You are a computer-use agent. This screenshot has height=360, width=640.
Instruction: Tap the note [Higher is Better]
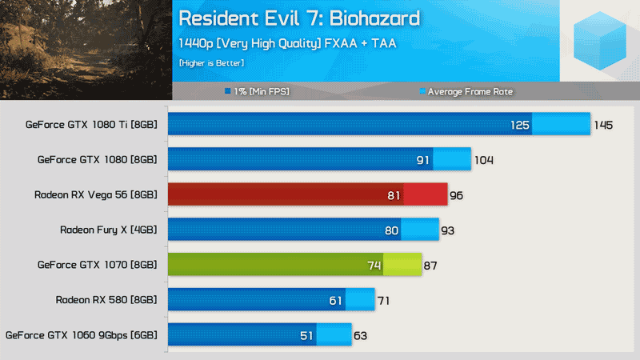point(211,62)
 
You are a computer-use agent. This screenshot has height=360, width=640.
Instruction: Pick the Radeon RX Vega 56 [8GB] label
point(96,194)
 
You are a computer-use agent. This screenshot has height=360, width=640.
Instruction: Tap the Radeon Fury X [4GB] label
point(109,230)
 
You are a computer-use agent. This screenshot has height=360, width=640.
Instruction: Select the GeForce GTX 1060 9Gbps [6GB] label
point(81,335)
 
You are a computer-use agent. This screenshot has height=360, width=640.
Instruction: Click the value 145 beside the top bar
point(603,125)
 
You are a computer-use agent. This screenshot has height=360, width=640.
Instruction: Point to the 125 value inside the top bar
point(519,125)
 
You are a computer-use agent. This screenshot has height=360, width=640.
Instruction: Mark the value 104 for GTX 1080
point(483,160)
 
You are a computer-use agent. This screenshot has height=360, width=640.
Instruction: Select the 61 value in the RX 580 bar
point(335,301)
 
